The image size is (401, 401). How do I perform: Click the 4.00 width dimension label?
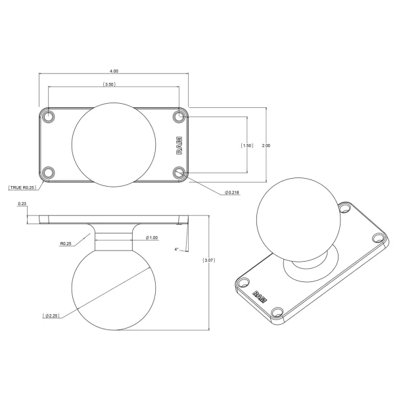(x=114, y=71)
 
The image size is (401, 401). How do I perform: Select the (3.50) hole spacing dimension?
(x=110, y=85)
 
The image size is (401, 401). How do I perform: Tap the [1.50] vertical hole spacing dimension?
(x=247, y=145)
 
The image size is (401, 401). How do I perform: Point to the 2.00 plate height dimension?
(x=266, y=145)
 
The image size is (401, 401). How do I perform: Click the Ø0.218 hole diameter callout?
(x=231, y=192)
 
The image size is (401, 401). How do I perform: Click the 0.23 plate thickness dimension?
(x=22, y=204)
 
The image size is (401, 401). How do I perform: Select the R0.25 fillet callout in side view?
(x=65, y=243)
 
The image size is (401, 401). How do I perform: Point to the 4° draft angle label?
(x=177, y=249)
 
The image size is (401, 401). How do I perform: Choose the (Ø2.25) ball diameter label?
(x=52, y=316)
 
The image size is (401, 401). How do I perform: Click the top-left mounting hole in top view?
(x=48, y=116)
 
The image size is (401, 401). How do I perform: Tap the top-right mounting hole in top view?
(x=180, y=116)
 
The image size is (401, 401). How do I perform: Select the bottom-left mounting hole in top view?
(x=48, y=173)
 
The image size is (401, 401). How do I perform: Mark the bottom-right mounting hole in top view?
(x=180, y=173)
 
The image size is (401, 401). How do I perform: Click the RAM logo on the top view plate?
(x=179, y=145)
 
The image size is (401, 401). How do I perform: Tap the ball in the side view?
(x=114, y=288)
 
